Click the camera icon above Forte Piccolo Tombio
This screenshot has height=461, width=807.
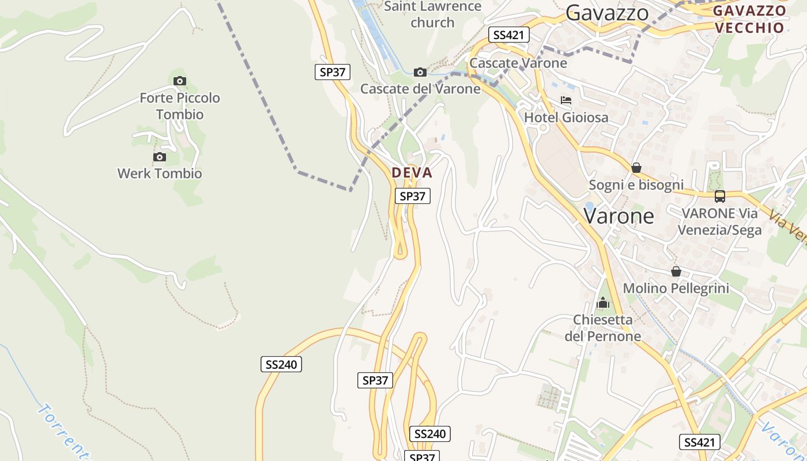[x=180, y=81]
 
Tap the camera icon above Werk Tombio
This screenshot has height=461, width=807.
[x=160, y=157]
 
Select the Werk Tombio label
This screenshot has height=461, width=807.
[x=160, y=173]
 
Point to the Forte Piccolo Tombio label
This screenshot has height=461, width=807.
[x=180, y=106]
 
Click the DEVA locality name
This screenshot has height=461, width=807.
[x=412, y=173]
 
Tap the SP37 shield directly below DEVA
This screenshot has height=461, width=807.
[x=413, y=196]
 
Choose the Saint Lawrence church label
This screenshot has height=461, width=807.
[x=432, y=15]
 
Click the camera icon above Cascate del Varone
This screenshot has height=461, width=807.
[x=420, y=72]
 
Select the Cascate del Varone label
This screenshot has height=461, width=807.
[x=420, y=89]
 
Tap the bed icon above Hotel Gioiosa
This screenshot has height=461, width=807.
[x=566, y=100]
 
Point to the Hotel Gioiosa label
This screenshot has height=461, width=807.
[x=566, y=118]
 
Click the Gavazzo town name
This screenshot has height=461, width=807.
[x=607, y=13]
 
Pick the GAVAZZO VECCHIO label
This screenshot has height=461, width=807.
[x=749, y=19]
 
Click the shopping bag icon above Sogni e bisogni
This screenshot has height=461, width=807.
[x=636, y=168]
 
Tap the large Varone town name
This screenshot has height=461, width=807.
[x=619, y=216]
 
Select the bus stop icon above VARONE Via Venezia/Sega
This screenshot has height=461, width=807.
[x=720, y=196]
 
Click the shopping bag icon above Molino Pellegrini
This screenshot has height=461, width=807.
[x=676, y=271]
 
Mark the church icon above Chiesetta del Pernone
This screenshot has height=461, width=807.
[x=603, y=303]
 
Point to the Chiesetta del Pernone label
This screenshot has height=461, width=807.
[x=603, y=328]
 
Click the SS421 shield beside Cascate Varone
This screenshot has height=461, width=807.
[x=508, y=35]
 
